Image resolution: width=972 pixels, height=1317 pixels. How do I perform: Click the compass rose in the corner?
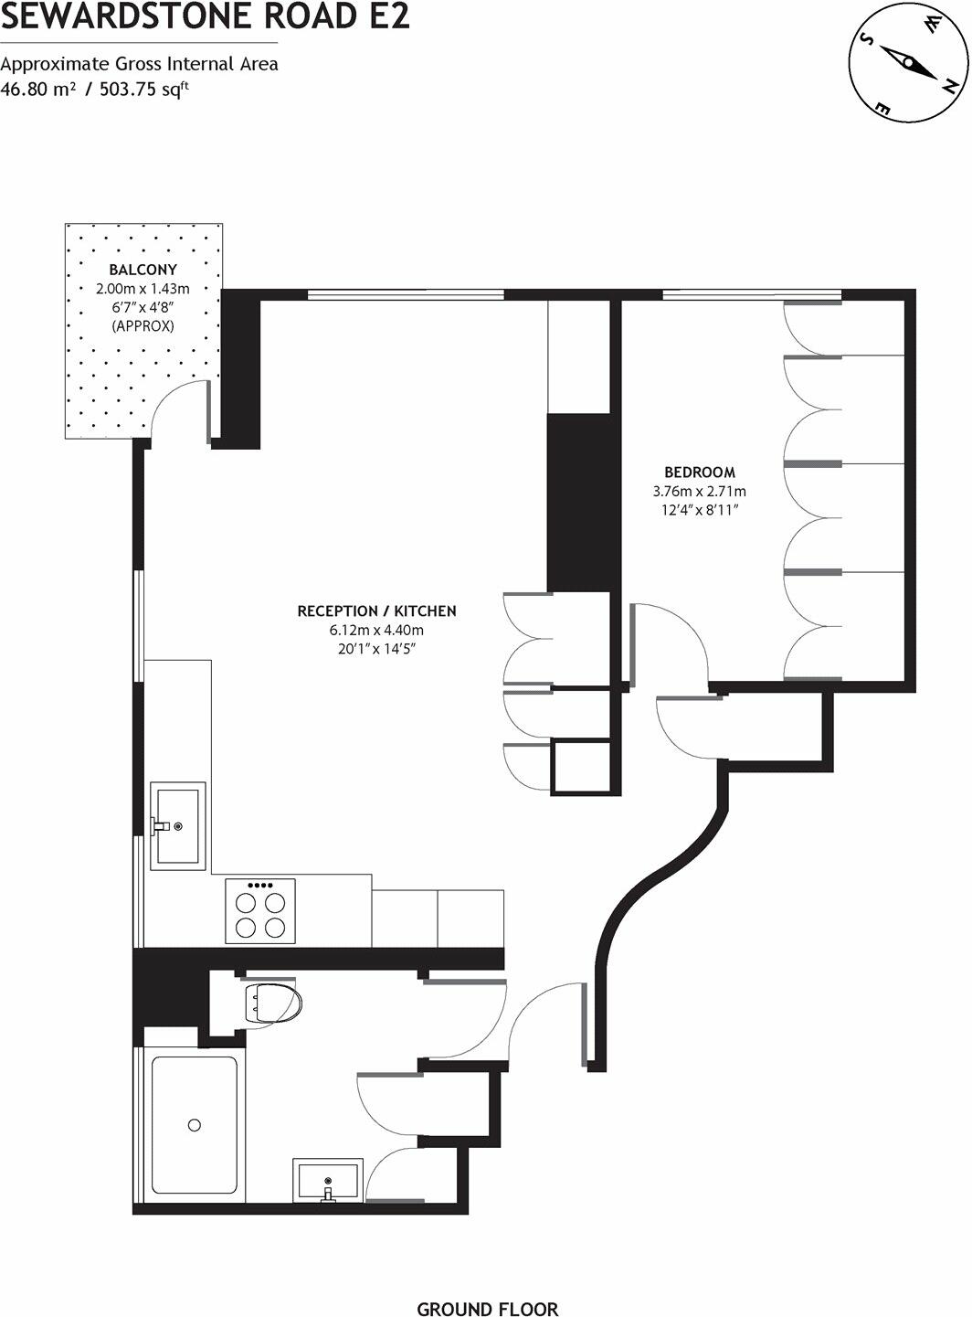[x=907, y=63]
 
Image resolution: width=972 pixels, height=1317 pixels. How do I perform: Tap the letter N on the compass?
[x=950, y=87]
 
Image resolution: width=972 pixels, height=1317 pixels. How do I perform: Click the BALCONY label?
[x=143, y=270]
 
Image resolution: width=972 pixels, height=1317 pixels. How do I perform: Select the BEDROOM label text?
[x=699, y=473]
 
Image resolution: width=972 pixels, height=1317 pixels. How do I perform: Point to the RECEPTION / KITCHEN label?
[x=376, y=611]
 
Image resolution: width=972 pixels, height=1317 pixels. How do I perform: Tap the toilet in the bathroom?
[x=271, y=1004]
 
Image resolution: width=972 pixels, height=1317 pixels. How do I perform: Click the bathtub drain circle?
[x=195, y=1125]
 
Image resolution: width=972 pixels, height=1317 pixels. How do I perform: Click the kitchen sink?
[x=177, y=825]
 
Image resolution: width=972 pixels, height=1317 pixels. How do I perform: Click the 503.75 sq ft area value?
[x=144, y=89]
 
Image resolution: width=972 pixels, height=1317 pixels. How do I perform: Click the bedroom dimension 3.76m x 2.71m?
[x=699, y=492]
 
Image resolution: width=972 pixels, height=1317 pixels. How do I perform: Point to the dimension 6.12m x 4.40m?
[x=376, y=631]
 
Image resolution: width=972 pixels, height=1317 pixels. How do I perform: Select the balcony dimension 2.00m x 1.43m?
[x=143, y=289]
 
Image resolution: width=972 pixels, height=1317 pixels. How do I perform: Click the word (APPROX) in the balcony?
[x=143, y=325]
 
